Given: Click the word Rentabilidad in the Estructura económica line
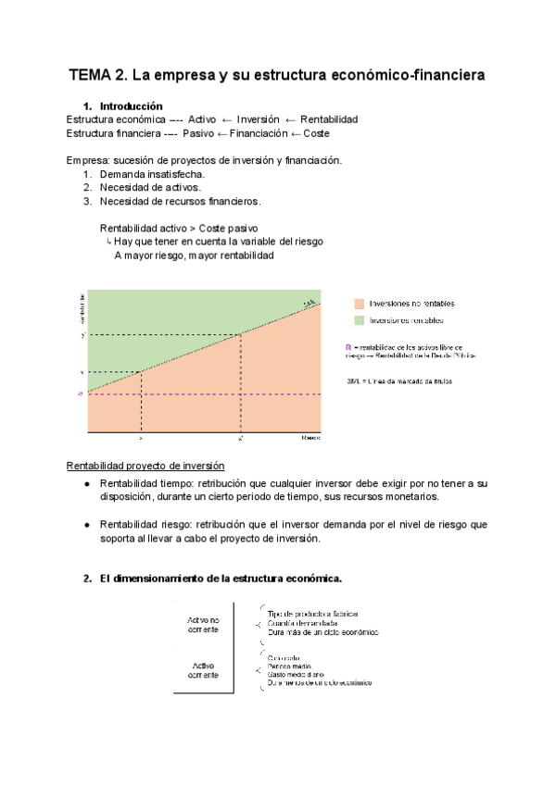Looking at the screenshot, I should point(327,119).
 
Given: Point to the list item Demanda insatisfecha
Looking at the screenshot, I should point(153,174).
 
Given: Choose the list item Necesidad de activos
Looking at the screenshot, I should point(150,187).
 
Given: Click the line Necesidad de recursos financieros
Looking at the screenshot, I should point(181,201).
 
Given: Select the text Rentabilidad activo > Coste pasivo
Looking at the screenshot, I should point(178,228).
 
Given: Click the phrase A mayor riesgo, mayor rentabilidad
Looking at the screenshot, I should point(194,255).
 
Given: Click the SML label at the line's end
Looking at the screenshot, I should point(310,302).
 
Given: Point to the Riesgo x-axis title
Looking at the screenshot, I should point(310,436).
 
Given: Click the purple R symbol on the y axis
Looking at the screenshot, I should point(81,394).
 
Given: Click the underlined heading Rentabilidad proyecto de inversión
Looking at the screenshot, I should point(145,465).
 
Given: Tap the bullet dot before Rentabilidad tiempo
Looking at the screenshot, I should point(86,484).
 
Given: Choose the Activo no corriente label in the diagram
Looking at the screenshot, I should point(203,624).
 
